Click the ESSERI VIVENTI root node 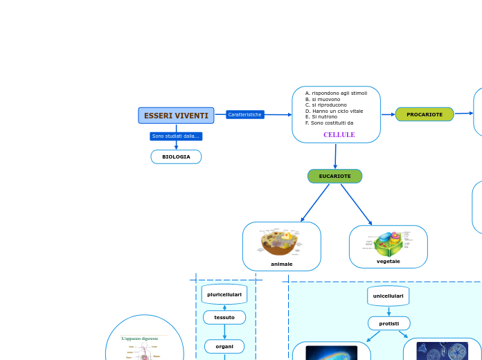176,116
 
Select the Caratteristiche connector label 245,114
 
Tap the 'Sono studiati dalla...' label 176,136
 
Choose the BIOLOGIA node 176,157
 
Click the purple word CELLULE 339,135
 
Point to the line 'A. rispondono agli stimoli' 336,93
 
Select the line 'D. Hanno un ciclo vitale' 334,111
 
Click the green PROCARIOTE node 425,114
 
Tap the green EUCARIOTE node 334,177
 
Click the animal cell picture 280,242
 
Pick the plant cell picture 388,244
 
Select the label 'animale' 281,264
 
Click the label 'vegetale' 388,261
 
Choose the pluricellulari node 224,294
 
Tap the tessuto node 224,317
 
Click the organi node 224,346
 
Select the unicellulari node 388,296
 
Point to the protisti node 389,323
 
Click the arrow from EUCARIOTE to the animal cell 315,203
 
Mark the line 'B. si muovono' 322,99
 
